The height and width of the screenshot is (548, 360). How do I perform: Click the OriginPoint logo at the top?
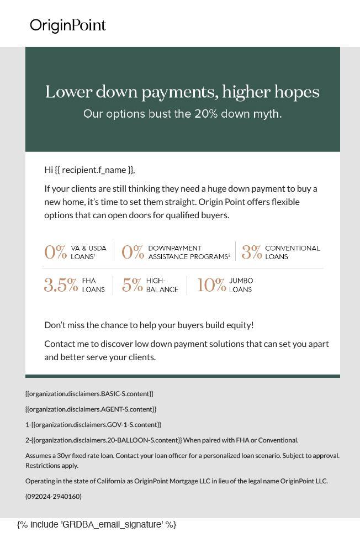click(x=68, y=25)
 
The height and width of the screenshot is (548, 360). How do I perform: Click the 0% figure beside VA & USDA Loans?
click(x=55, y=252)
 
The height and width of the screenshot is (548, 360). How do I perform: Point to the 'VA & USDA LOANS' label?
click(x=88, y=252)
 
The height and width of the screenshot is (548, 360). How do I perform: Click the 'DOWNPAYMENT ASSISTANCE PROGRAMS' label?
click(x=189, y=252)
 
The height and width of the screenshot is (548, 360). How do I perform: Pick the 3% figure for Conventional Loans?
click(x=251, y=252)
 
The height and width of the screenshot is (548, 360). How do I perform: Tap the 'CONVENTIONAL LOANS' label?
click(x=292, y=252)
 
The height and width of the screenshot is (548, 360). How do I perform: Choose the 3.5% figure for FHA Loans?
click(x=61, y=285)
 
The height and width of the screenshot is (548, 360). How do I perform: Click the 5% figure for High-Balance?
click(x=132, y=285)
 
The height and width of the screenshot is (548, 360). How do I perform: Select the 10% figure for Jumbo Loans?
click(x=211, y=285)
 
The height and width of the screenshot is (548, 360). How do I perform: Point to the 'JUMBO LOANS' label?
click(x=241, y=285)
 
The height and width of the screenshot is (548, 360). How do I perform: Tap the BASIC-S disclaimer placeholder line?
click(x=89, y=394)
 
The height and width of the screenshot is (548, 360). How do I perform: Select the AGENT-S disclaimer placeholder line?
click(x=91, y=409)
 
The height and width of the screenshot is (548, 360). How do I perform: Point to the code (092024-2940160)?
click(x=54, y=497)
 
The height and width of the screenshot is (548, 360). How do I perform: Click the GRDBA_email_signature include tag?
click(x=97, y=524)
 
